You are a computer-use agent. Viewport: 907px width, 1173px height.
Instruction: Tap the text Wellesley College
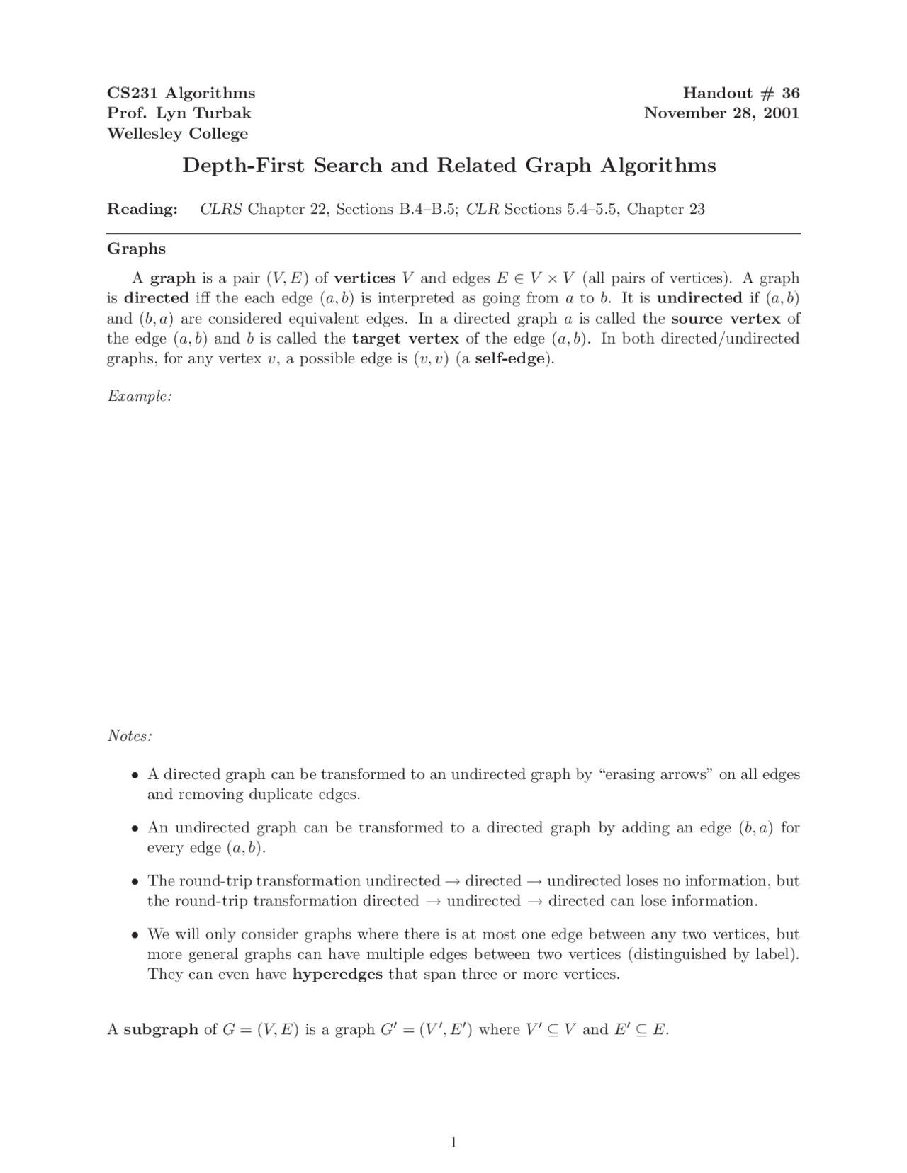[177, 134]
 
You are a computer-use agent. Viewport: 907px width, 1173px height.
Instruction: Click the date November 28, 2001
[721, 113]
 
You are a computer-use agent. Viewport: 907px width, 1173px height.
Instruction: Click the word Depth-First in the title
[244, 166]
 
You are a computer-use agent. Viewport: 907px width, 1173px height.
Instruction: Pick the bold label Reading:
[142, 209]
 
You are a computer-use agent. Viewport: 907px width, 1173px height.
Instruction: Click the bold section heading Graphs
[136, 249]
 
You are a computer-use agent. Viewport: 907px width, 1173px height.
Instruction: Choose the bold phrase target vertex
[405, 339]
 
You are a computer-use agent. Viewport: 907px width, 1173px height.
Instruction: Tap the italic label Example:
[140, 396]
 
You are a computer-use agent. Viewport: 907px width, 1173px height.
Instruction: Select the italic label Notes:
[130, 736]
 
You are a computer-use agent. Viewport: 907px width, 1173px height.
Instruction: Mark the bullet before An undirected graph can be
[134, 828]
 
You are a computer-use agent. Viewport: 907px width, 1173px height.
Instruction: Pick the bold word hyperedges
[337, 974]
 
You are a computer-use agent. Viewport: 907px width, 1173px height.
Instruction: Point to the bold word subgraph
[161, 1029]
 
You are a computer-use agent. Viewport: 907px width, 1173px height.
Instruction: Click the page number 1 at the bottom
[453, 1142]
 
